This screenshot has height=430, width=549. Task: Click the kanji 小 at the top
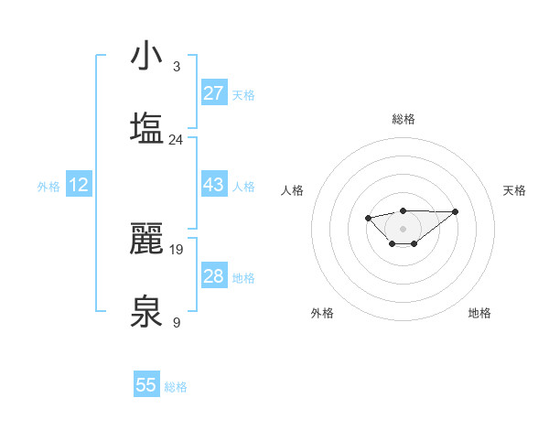click(146, 56)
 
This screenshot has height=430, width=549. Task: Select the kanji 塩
click(146, 128)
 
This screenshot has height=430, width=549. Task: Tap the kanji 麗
click(146, 238)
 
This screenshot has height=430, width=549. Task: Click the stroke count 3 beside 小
click(176, 67)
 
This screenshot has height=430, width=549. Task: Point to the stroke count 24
click(176, 140)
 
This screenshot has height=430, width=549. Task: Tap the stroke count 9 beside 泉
click(176, 322)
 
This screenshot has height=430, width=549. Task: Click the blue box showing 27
click(214, 93)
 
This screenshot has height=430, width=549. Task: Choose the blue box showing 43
click(214, 185)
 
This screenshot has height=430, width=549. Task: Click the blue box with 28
click(214, 276)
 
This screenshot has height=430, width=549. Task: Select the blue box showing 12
click(79, 185)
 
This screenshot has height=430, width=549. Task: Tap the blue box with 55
click(146, 385)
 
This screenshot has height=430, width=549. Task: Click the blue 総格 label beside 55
click(176, 387)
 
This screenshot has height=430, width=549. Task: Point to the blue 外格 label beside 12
click(48, 187)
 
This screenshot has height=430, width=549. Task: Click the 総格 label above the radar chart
click(403, 119)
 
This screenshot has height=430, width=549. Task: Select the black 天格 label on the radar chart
click(514, 190)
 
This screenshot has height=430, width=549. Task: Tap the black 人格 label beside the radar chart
click(293, 190)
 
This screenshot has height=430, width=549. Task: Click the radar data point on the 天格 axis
click(456, 211)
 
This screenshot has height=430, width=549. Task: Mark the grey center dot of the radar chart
click(403, 229)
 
